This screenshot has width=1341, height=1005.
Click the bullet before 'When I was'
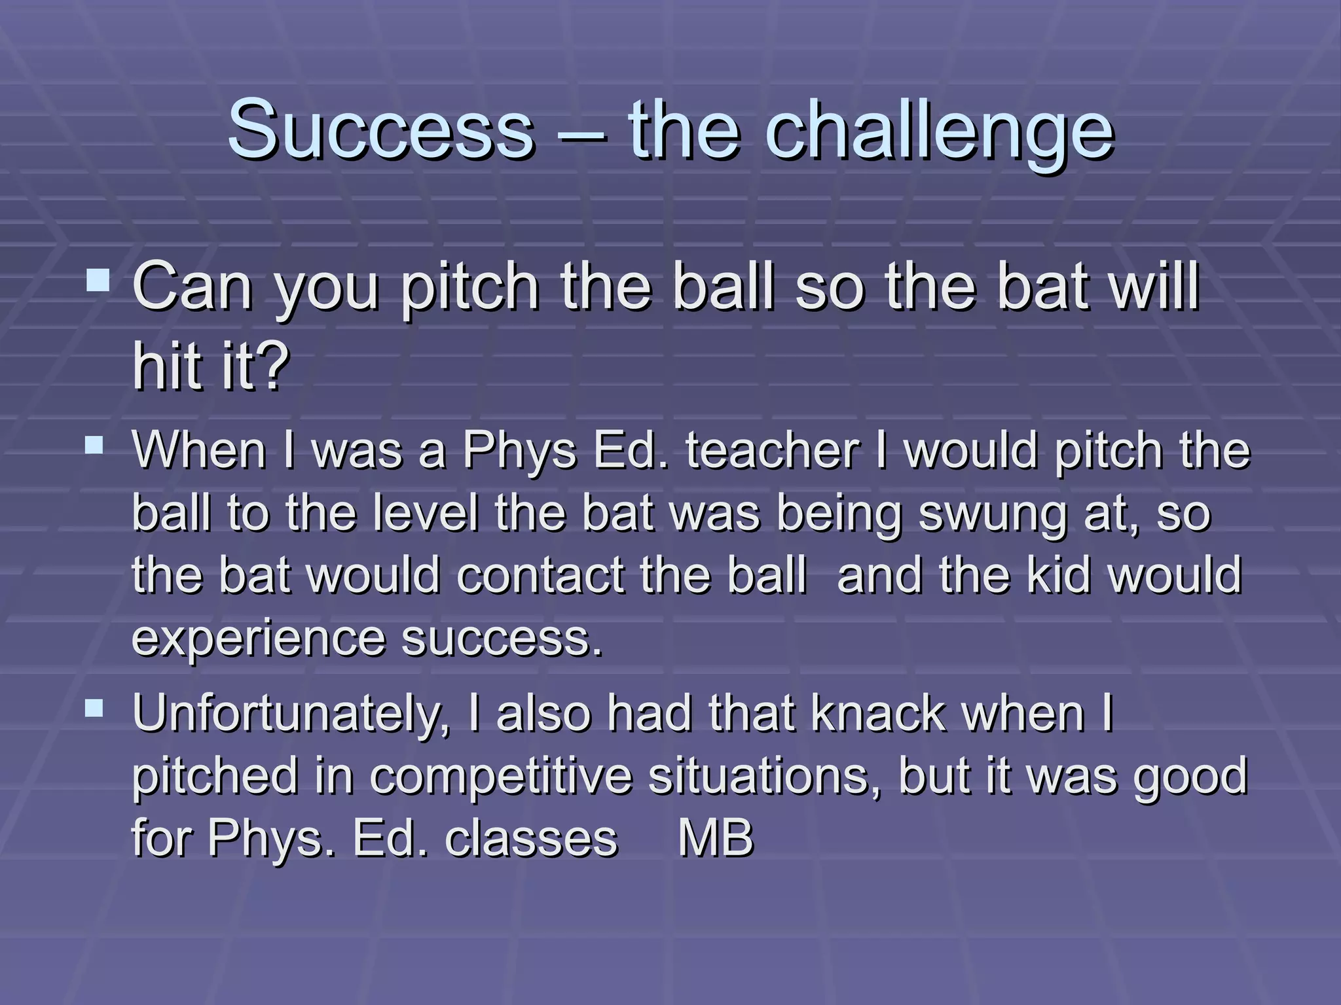(94, 446)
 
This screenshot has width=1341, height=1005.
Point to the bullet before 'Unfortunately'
(94, 709)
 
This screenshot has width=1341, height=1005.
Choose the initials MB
(715, 838)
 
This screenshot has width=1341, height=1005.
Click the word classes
(531, 838)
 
